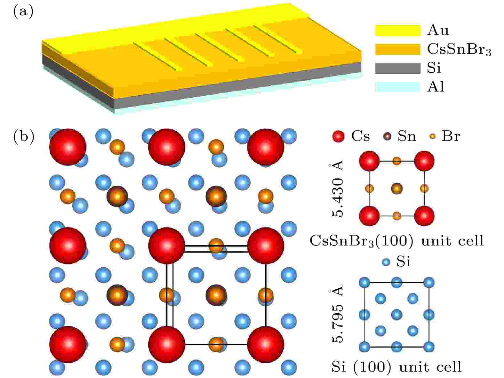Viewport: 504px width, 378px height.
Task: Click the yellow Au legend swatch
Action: (398, 30)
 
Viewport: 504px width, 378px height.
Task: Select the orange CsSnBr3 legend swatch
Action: (398, 49)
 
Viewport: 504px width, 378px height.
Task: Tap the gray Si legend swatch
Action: (398, 68)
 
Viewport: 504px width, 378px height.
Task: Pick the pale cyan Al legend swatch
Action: (398, 87)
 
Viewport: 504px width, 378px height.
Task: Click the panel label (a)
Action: (23, 12)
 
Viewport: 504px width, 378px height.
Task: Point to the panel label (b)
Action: (24, 137)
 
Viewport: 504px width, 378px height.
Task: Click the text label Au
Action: (438, 30)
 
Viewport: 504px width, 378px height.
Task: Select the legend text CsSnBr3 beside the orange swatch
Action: (459, 50)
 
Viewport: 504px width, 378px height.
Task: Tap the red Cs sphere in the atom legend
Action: (338, 136)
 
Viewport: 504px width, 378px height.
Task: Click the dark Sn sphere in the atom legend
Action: (387, 136)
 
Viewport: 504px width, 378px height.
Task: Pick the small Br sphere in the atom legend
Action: (432, 136)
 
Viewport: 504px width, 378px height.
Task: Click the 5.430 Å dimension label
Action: (337, 188)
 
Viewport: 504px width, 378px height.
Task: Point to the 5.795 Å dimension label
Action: (337, 314)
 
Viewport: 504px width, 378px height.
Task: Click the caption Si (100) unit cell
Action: (396, 367)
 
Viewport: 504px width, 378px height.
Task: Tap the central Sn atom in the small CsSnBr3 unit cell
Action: (397, 188)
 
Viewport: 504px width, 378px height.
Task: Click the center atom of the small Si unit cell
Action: (396, 315)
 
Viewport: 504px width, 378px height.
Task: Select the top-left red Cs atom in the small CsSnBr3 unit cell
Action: (369, 161)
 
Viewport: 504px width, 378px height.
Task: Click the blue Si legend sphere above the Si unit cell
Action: (386, 262)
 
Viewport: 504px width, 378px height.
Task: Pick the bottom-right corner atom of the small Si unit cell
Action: (429, 347)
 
